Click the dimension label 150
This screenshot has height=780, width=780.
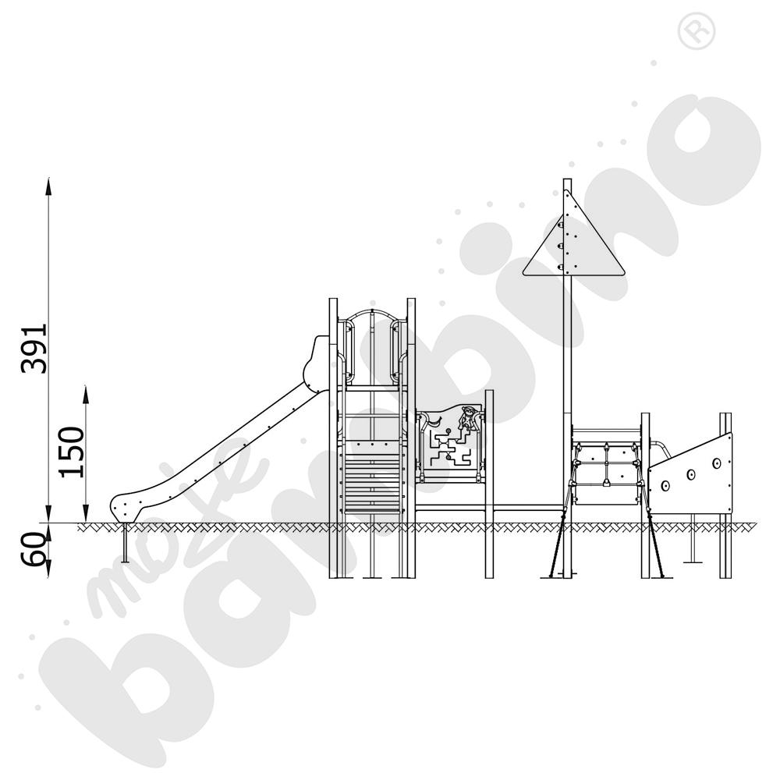[x=72, y=452]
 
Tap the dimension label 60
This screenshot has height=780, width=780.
[x=33, y=548]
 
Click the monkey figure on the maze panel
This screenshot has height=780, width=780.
[x=466, y=419]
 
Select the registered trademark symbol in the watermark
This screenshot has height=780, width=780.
[x=696, y=31]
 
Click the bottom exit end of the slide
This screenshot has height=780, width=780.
[x=124, y=507]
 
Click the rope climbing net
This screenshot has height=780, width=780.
[x=606, y=467]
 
